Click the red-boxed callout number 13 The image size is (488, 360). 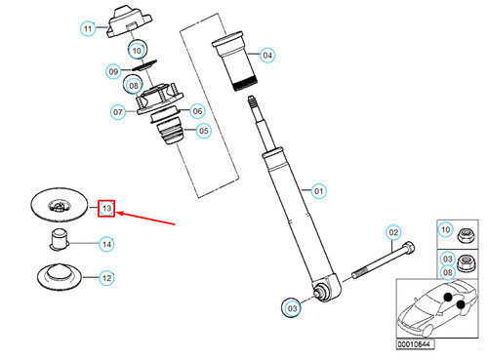click(x=107, y=209)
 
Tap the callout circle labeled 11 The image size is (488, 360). click(x=88, y=29)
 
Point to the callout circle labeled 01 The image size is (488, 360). click(x=316, y=190)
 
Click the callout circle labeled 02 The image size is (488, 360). click(x=394, y=232)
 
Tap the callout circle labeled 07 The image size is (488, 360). click(x=119, y=112)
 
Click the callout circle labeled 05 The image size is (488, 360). click(x=203, y=132)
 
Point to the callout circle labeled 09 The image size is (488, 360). click(x=114, y=71)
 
